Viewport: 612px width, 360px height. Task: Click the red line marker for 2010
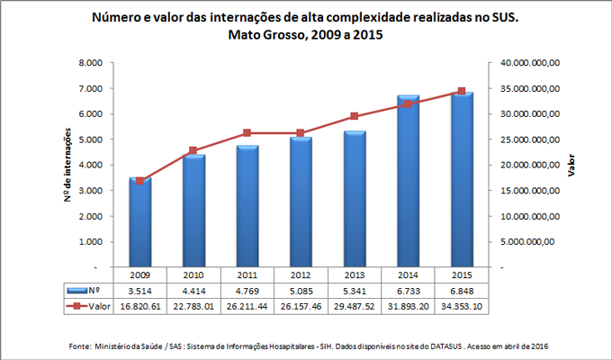(x=193, y=150)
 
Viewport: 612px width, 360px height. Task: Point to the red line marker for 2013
(x=355, y=116)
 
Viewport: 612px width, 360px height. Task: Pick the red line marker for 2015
(x=462, y=91)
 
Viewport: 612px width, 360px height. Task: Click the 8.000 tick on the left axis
(x=91, y=63)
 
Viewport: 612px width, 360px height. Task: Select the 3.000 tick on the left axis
(x=91, y=191)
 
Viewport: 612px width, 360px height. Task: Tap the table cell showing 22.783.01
(x=193, y=307)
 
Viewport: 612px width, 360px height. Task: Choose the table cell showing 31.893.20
(x=408, y=307)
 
